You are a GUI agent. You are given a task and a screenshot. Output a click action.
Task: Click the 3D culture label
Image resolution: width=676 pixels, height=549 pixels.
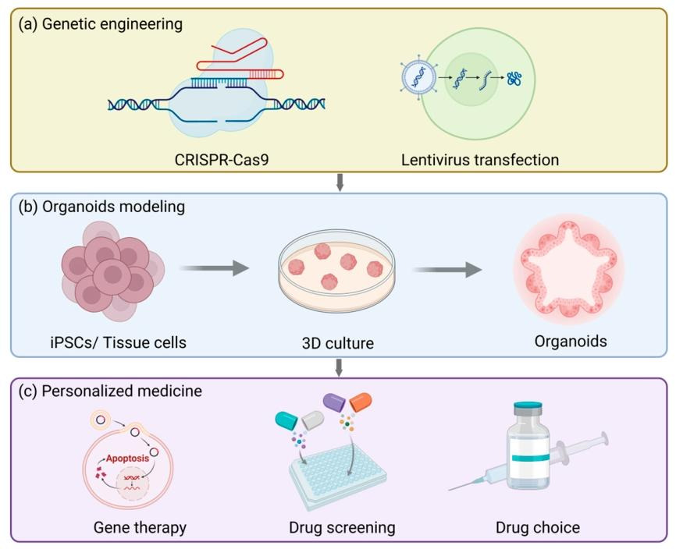click(x=338, y=341)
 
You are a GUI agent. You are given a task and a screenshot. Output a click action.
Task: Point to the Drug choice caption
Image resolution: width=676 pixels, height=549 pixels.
click(x=538, y=527)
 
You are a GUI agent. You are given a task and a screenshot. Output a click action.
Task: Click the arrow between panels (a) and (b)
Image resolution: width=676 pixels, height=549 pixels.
click(x=338, y=182)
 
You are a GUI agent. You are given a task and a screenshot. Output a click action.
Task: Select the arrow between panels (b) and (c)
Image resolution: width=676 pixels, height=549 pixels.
click(x=338, y=367)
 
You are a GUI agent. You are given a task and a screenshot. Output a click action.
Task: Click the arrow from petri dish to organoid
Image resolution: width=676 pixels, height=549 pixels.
click(x=447, y=269)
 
